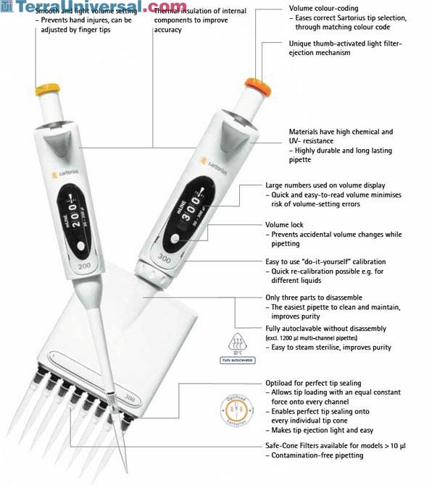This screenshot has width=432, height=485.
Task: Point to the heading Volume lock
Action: click(286, 225)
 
